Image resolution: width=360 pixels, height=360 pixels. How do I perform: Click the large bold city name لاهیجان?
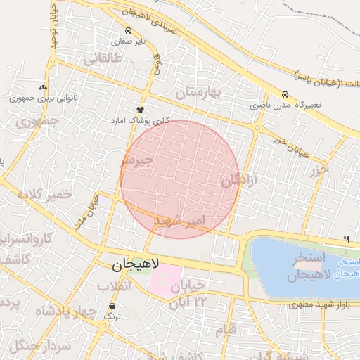(136, 264)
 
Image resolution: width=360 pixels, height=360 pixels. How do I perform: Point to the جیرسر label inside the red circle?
(136, 161)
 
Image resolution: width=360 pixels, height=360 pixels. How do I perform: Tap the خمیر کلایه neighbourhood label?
(46, 194)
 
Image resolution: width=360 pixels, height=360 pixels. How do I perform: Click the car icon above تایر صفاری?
(128, 31)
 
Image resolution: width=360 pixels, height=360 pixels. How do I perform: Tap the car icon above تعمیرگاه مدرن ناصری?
(285, 94)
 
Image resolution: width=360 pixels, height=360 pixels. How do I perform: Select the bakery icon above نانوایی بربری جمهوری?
(44, 88)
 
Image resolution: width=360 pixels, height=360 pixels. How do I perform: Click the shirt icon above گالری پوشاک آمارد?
(140, 110)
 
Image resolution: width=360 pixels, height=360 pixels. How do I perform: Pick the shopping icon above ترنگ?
(113, 306)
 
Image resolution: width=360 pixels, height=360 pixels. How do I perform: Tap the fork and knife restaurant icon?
(346, 240)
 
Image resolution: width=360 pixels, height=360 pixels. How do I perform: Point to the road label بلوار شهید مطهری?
(319, 306)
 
